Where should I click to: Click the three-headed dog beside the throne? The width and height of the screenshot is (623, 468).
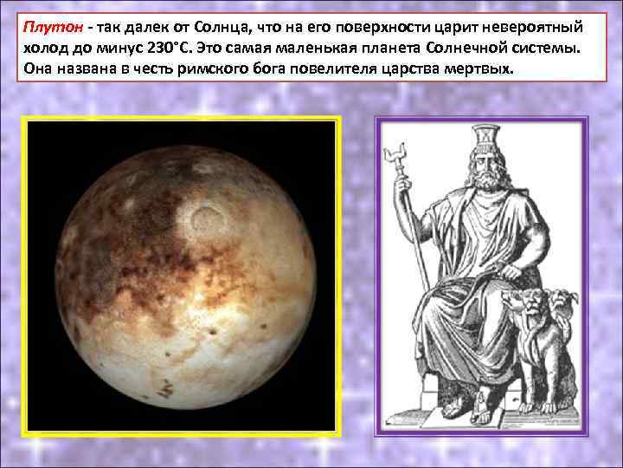540,329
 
